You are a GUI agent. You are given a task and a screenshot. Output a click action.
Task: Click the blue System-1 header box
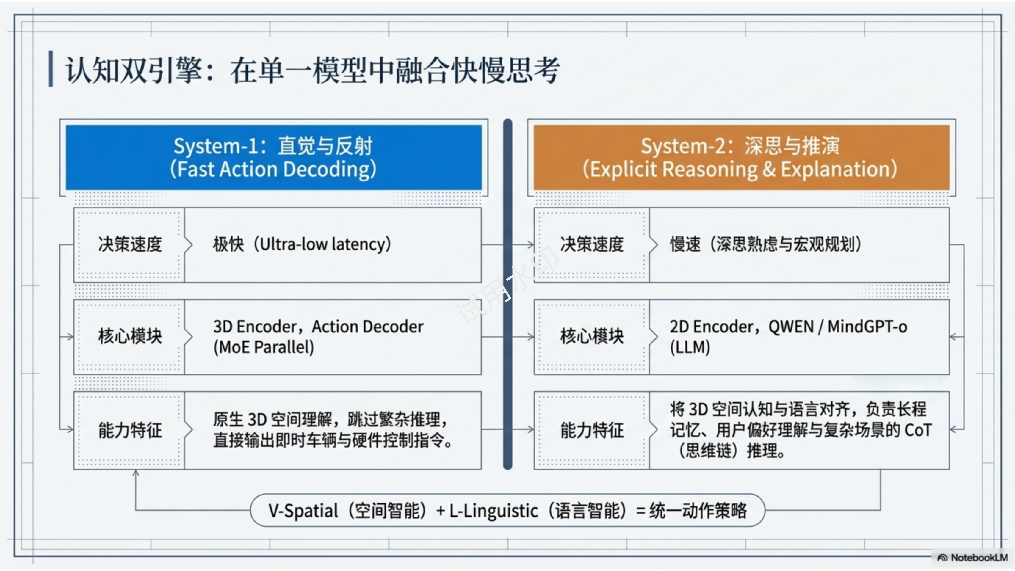273,158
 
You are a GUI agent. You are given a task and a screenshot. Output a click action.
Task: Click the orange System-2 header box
741,158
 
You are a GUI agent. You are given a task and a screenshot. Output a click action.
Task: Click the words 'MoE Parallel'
264,347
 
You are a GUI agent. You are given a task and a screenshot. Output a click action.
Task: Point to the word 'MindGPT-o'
867,327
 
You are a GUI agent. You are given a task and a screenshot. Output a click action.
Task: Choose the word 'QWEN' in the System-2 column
791,327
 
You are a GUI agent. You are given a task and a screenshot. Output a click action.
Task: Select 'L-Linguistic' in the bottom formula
493,511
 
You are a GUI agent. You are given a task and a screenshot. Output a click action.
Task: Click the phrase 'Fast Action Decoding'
273,169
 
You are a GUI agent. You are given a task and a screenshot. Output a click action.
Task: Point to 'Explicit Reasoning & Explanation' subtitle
740,169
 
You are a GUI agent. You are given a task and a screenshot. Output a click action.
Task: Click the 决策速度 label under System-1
130,244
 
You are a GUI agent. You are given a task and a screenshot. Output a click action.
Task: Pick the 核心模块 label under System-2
592,337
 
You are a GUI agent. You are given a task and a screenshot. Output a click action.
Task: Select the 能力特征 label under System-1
130,430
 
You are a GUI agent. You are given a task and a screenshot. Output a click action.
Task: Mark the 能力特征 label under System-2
592,430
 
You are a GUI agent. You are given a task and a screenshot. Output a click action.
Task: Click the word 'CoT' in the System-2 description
918,430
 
